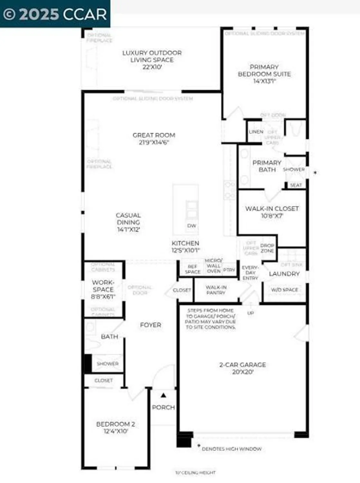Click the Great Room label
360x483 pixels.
pos(154,138)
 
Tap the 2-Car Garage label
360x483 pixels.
pos(242,368)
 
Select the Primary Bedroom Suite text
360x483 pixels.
pos(264,74)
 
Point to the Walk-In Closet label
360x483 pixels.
pos(272,212)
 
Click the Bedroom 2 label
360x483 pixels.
pos(116,427)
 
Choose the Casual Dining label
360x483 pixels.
pos(128,222)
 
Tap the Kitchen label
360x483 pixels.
pos(185,246)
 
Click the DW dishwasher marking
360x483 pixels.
pos(191,225)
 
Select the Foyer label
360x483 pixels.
pos(150,325)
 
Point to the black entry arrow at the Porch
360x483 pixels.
pos(164,395)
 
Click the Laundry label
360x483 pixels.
pos(284,274)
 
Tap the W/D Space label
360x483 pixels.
pos(284,290)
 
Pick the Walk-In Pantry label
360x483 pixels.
pos(216,290)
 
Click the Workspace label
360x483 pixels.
pos(103,289)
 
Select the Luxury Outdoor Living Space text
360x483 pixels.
pos(152,60)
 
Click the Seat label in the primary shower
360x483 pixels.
pos(296,185)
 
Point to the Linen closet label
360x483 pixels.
pos(256,132)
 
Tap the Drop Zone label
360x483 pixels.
pos(267,248)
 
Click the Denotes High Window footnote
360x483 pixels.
pos(231,449)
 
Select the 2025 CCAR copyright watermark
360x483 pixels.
pos(55,14)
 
